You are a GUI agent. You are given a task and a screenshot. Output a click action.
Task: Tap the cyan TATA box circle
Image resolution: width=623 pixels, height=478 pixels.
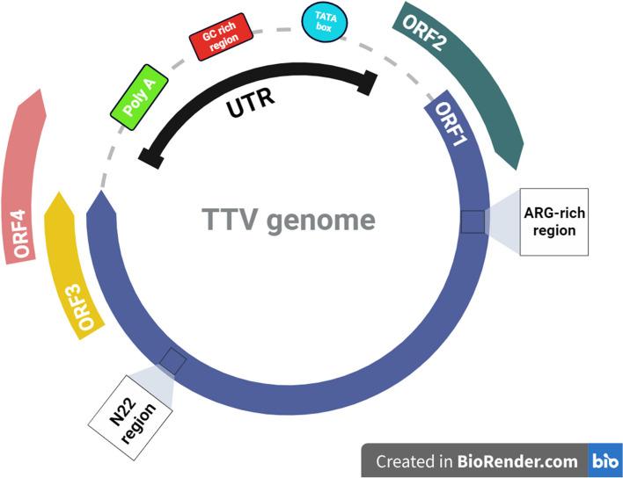[325, 21]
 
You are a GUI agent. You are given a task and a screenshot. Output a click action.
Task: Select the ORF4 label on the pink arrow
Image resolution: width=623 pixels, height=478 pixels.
[23, 229]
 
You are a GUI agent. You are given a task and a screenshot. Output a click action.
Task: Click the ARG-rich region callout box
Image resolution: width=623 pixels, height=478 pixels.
[553, 221]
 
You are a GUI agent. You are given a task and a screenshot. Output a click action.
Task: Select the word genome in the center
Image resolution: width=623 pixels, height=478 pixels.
[324, 219]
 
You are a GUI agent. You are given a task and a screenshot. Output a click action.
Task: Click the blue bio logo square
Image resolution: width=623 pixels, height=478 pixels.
[605, 460]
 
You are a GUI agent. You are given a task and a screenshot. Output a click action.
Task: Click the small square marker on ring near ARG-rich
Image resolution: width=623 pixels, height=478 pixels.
[473, 221]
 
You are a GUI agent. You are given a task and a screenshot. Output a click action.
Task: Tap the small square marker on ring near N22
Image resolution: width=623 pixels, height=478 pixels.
[172, 361]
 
